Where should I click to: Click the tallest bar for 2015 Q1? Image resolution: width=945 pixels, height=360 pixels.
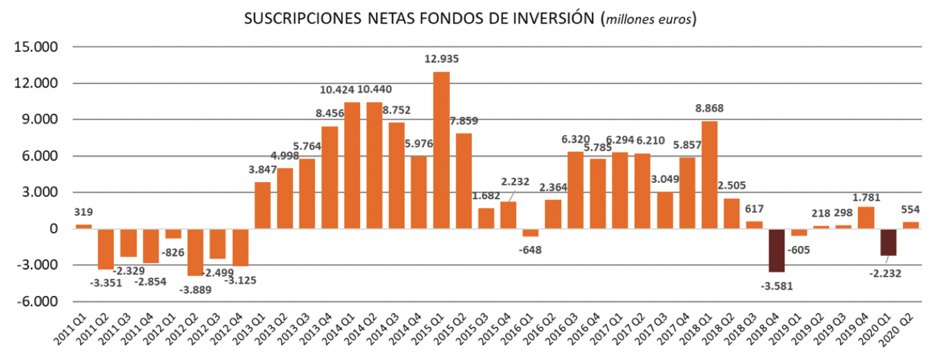[x=441, y=150]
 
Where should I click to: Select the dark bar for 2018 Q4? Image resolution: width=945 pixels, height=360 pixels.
[x=777, y=250]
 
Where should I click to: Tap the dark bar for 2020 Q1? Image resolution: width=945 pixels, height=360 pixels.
[x=888, y=242]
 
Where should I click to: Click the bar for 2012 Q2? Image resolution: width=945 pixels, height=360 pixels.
[x=195, y=252]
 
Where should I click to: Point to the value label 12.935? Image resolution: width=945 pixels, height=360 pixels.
[x=441, y=59]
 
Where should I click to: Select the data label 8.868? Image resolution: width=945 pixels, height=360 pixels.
[x=710, y=108]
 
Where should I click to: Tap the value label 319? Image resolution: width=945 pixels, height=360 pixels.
[x=83, y=212]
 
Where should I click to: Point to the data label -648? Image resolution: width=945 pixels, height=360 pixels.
[x=530, y=249]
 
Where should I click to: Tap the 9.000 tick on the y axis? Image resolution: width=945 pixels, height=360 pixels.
[x=44, y=120]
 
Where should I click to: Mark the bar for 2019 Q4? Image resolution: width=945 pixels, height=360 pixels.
[x=866, y=217]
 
